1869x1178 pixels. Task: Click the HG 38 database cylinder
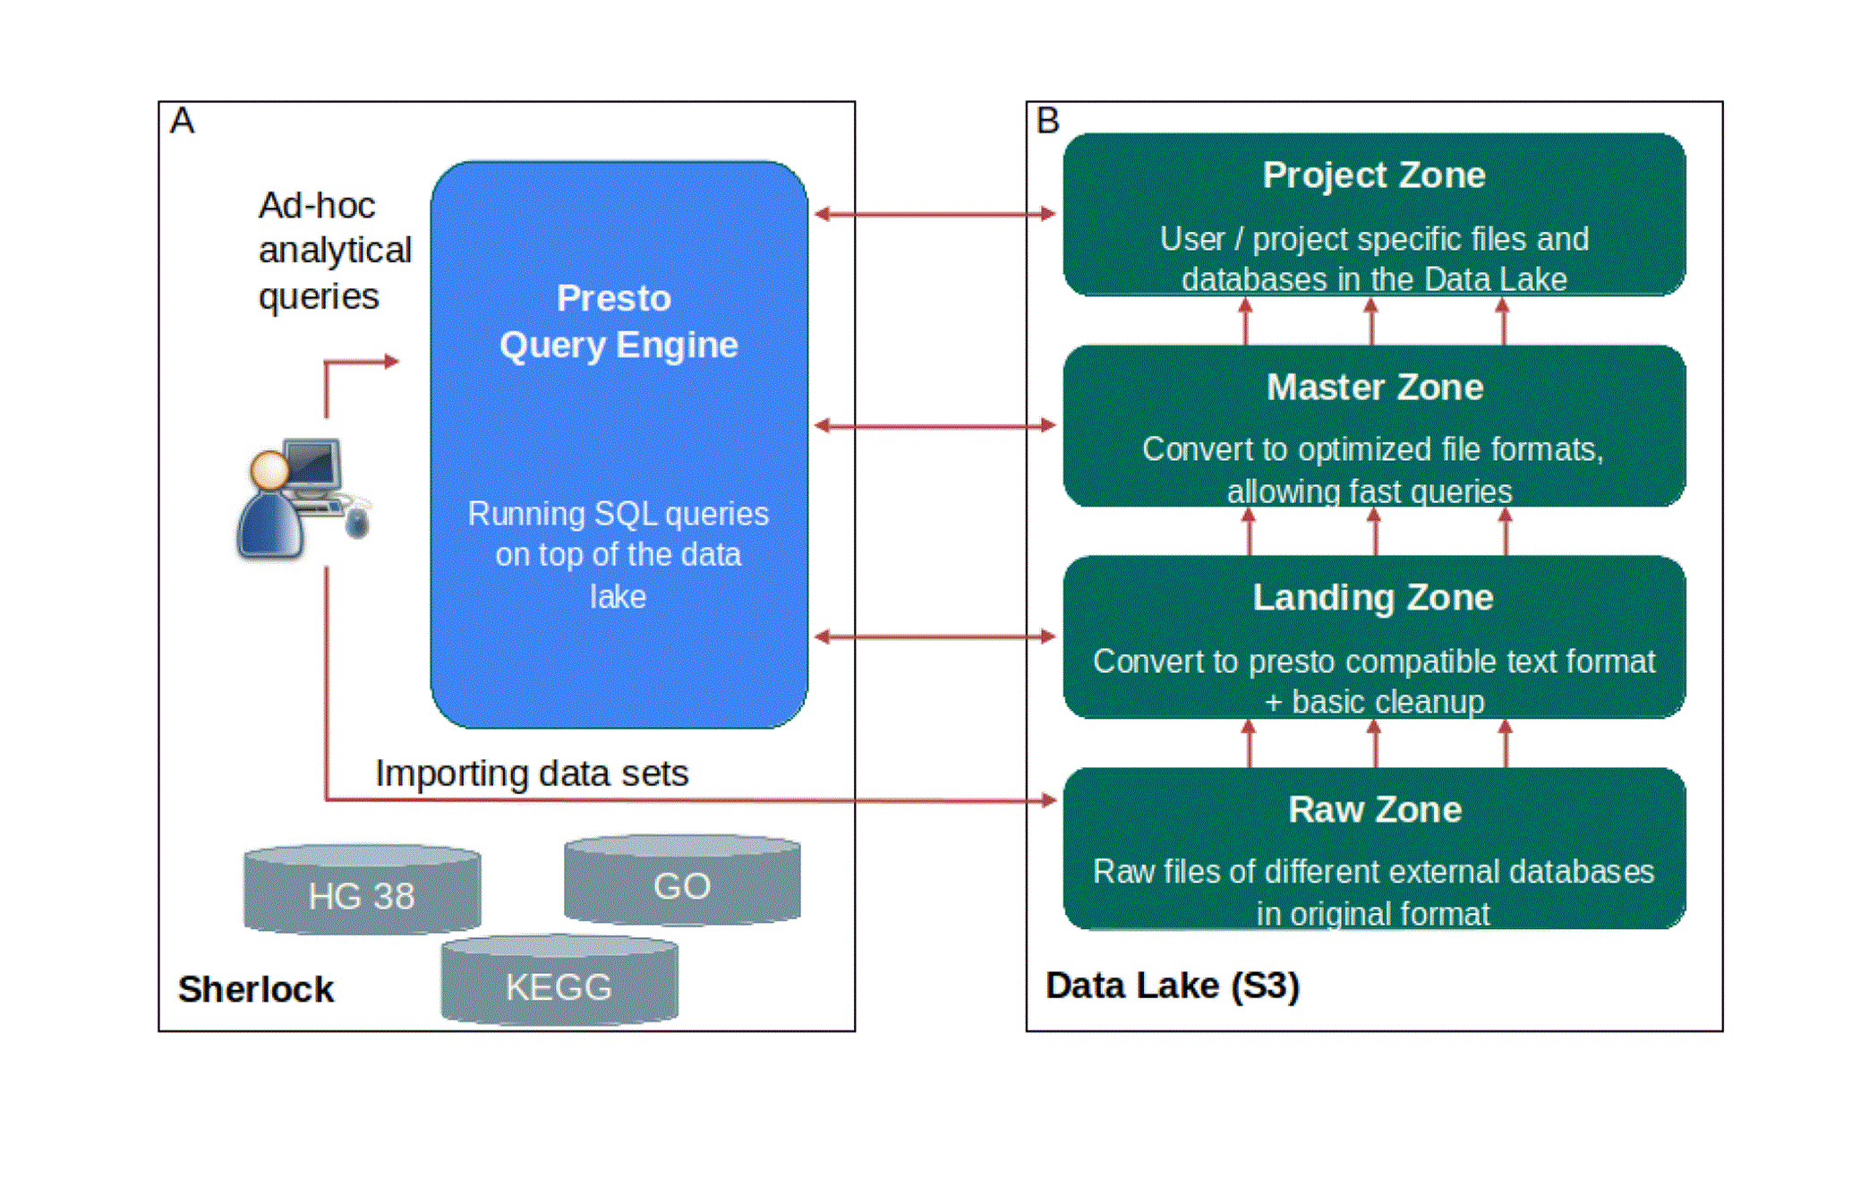pos(362,890)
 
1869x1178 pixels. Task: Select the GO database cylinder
pos(682,881)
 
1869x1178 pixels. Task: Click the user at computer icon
pos(303,498)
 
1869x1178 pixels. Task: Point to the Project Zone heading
pos(1374,175)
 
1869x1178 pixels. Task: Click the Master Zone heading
pos(1375,387)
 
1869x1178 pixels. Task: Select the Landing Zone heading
pos(1373,598)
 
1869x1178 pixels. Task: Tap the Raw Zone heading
pos(1375,809)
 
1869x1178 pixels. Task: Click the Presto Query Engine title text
pos(619,321)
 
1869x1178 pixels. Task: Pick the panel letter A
pos(182,120)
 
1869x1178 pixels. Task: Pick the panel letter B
pos(1047,120)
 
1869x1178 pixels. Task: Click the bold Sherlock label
pos(255,989)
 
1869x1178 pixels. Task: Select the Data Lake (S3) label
pos(1173,986)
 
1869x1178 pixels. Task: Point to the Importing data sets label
pos(532,773)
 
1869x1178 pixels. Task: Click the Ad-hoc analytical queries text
pos(335,251)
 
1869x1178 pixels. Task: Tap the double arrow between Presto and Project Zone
pos(935,214)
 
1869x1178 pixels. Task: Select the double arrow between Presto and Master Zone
pos(935,425)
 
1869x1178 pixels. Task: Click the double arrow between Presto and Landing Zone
pos(935,636)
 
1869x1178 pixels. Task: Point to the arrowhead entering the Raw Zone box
pos(1049,799)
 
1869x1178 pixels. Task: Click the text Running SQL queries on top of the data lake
pos(619,555)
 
